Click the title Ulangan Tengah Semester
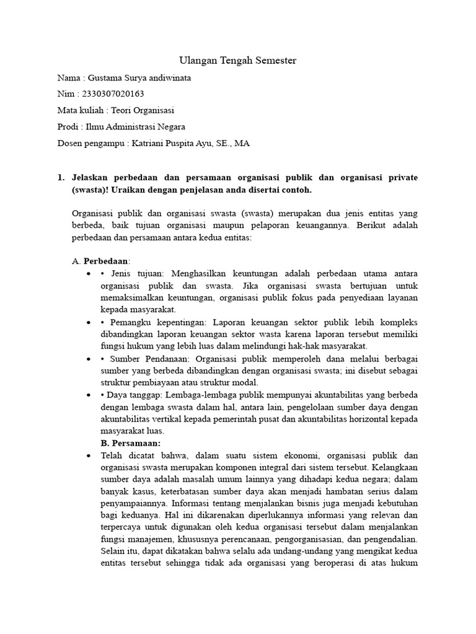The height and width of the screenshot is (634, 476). [x=238, y=61]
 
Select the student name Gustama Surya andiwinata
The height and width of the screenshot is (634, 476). [x=141, y=78]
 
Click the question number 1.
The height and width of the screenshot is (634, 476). [x=60, y=178]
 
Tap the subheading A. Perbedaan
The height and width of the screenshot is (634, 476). [x=101, y=262]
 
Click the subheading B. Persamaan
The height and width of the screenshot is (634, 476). [x=130, y=443]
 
